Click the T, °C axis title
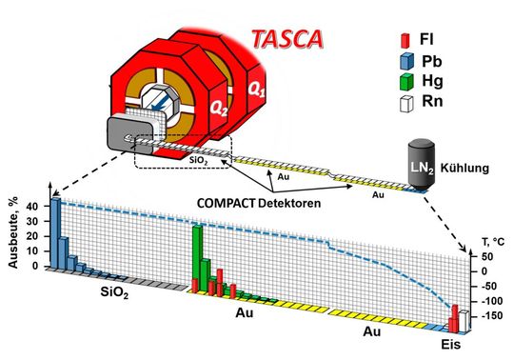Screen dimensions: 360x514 coord(485,242)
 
